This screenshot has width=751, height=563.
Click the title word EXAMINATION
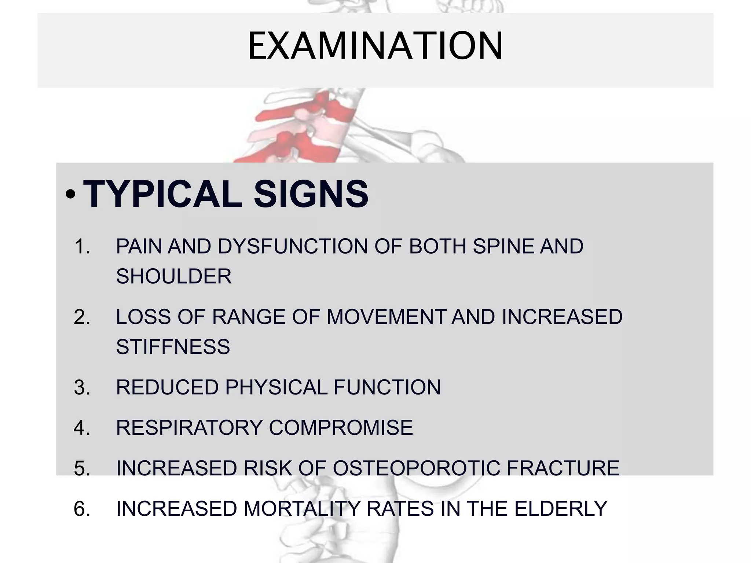(x=375, y=46)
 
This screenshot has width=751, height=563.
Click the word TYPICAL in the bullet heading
(x=163, y=194)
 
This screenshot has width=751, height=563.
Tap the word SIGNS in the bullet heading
(x=311, y=194)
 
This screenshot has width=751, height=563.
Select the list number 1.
(x=82, y=246)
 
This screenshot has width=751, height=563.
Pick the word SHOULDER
(x=174, y=276)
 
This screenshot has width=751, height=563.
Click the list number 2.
(x=82, y=317)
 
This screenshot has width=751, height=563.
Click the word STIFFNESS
(x=173, y=347)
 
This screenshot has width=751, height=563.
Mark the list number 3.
(x=82, y=387)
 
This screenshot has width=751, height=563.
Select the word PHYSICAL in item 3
(x=276, y=387)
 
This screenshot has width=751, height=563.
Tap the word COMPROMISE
(x=341, y=428)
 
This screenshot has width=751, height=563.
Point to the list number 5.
(x=82, y=468)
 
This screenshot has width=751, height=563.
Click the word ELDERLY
(x=561, y=509)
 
